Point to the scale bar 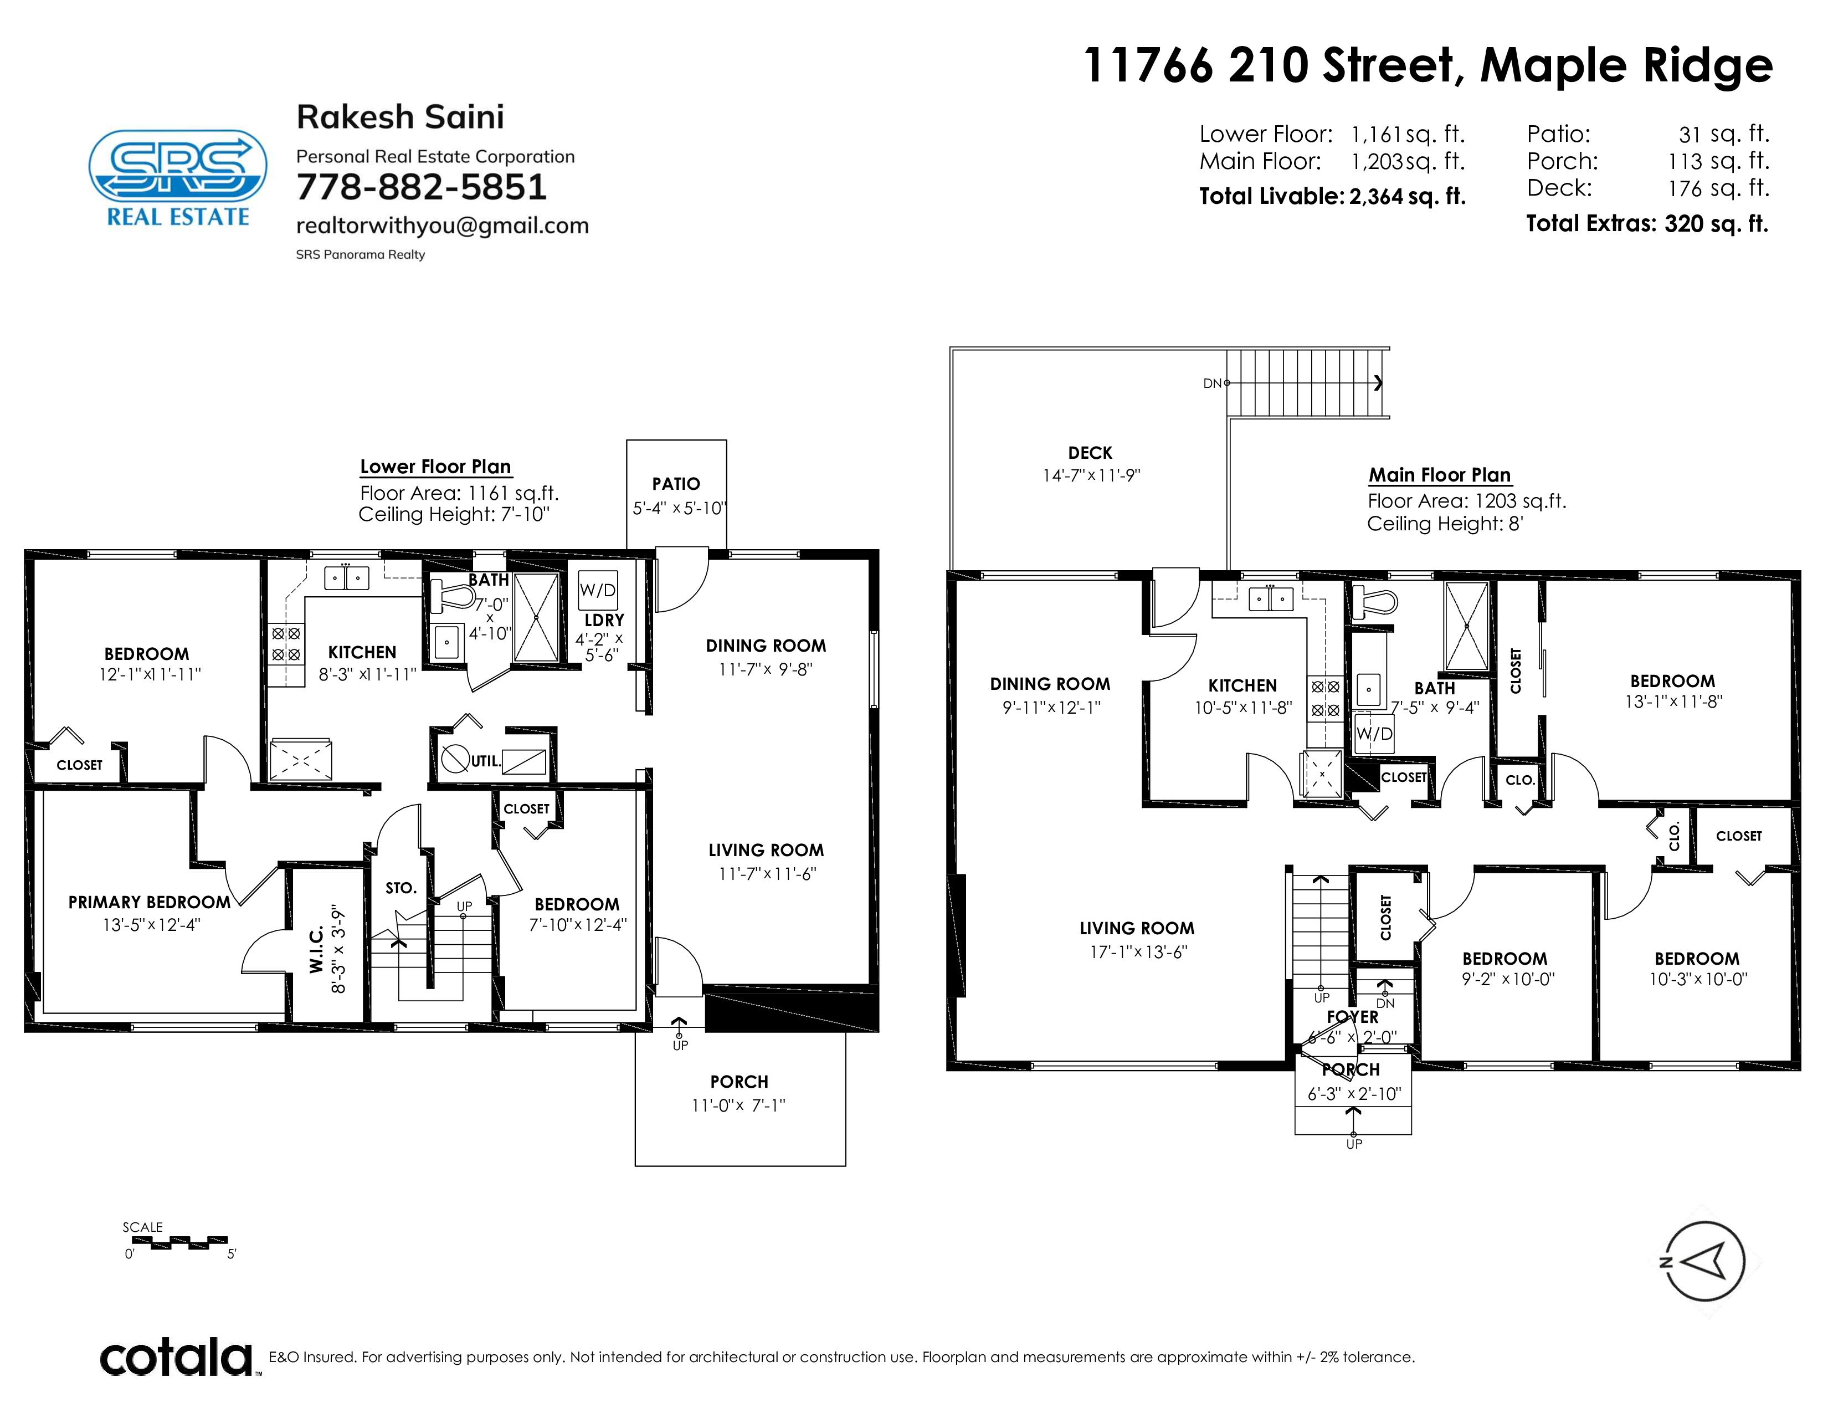pos(175,1242)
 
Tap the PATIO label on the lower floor pos(676,484)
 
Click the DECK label pos(1090,453)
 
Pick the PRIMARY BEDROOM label pos(149,902)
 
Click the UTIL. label pos(485,761)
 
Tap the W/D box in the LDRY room pos(598,590)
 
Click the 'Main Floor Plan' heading pos(1440,475)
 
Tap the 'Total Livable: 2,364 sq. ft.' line pos(1332,196)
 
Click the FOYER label pos(1353,1017)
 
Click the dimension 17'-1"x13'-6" pos(1138,952)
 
